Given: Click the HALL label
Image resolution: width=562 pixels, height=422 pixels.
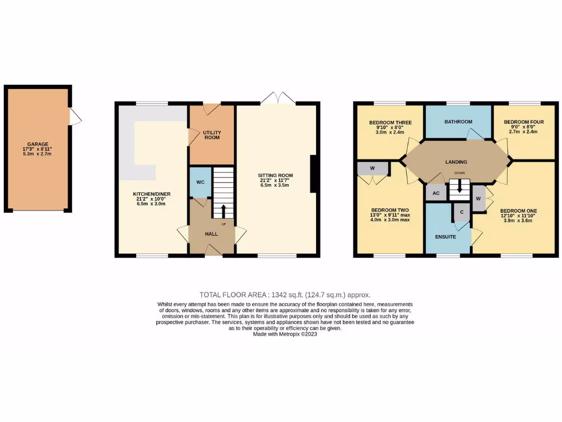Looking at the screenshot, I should click(x=211, y=234).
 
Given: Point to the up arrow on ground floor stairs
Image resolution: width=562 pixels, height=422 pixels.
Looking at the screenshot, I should click(x=223, y=211).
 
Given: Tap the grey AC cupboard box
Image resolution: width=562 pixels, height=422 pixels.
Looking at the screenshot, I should click(x=436, y=193).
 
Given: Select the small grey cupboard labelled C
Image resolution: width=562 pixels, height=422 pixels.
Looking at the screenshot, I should click(x=462, y=212).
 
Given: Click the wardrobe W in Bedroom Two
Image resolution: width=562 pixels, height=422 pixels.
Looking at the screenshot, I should click(x=372, y=168).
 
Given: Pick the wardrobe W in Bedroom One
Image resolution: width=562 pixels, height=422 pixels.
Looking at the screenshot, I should click(x=478, y=198).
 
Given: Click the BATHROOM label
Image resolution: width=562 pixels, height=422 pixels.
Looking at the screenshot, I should click(x=458, y=121).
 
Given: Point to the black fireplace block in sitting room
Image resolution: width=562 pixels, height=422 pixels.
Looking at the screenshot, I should click(x=313, y=174).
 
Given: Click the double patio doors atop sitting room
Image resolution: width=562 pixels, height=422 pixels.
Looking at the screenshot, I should click(x=278, y=98).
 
